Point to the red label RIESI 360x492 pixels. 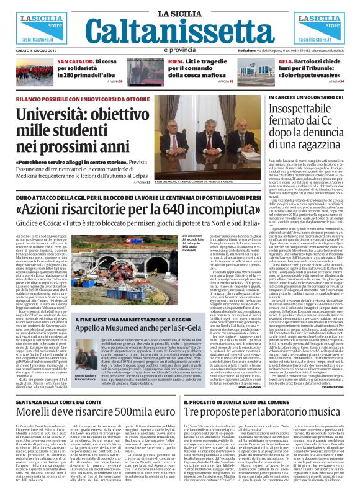coord(176,62)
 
